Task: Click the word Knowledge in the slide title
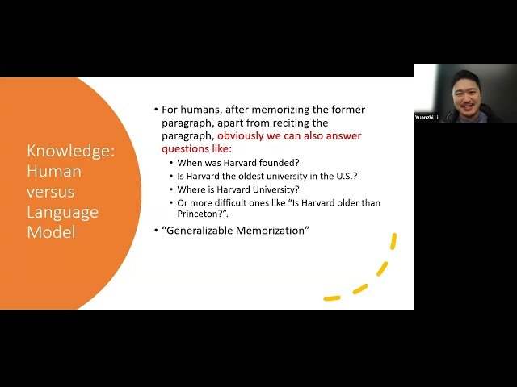tap(70, 151)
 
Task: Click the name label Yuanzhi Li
tap(427, 118)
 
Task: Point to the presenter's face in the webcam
tap(464, 94)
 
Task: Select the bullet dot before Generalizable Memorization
tap(156, 231)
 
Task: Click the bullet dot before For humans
tap(156, 110)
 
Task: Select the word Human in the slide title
tap(54, 171)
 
